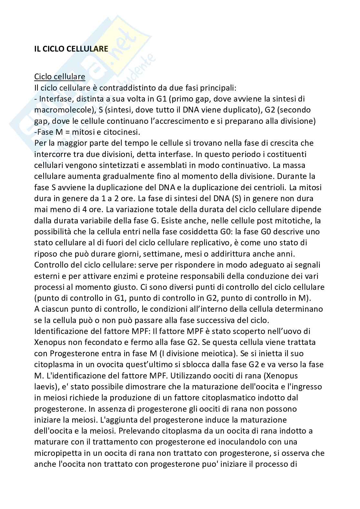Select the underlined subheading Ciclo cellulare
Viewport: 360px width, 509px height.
60,77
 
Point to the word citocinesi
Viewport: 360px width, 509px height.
119,132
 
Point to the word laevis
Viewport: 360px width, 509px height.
45,387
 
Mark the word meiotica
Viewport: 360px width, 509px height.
215,353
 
